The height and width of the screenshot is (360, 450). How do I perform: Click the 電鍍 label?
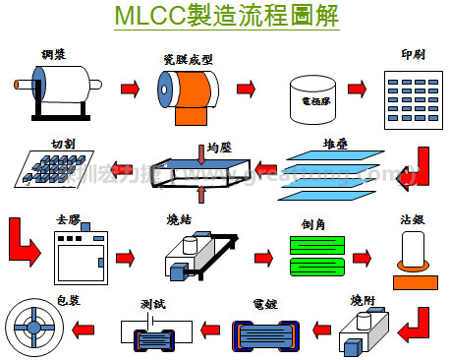click(263, 303)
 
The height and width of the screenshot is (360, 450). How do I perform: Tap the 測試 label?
click(155, 303)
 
